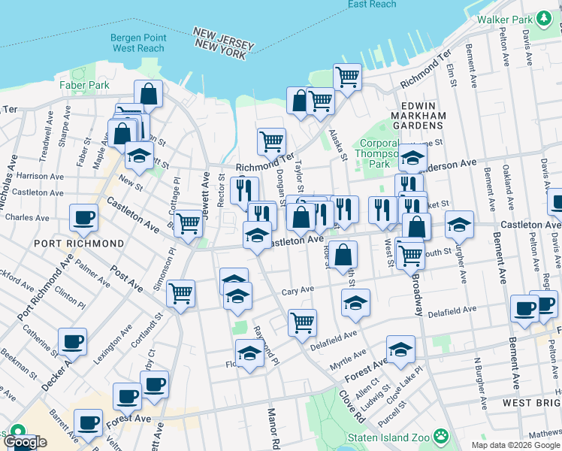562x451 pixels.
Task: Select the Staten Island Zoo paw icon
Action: click(x=441, y=435)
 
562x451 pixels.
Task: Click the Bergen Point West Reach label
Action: click(x=137, y=42)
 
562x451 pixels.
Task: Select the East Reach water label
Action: click(x=372, y=5)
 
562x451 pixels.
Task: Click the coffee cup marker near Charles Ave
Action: click(x=83, y=219)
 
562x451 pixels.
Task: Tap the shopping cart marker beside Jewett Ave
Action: click(x=188, y=222)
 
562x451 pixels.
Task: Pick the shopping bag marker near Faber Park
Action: click(x=148, y=94)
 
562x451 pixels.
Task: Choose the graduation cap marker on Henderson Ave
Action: click(x=412, y=158)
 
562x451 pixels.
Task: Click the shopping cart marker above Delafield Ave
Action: click(x=302, y=322)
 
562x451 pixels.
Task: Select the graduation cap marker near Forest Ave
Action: click(x=400, y=350)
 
